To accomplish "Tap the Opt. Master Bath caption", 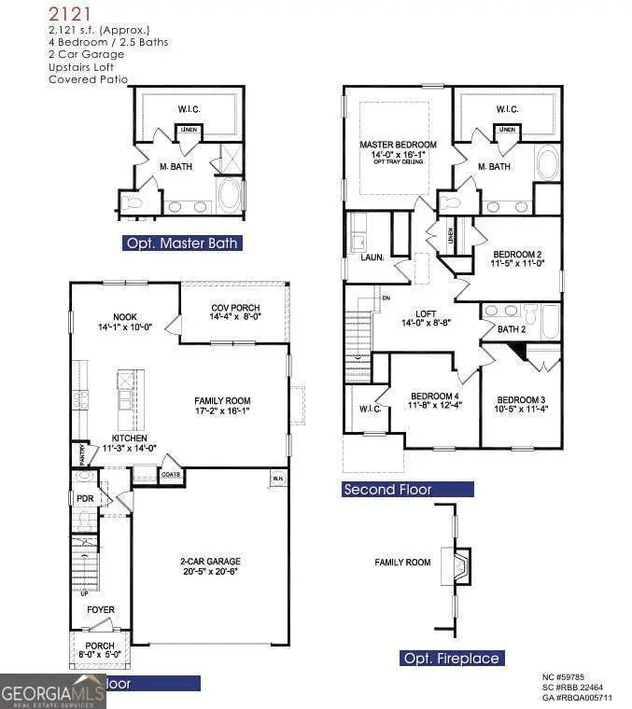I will click(x=184, y=243).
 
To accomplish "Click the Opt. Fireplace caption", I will click(x=452, y=659).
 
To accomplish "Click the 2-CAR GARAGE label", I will click(x=209, y=562).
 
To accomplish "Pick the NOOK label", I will click(x=125, y=316).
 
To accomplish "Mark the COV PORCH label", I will click(x=234, y=308).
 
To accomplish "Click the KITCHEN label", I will click(x=131, y=438).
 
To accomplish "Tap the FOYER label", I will click(x=101, y=610).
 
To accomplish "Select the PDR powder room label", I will click(x=86, y=498).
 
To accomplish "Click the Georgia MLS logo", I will click(x=53, y=692).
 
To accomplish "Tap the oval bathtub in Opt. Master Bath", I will click(x=230, y=194).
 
